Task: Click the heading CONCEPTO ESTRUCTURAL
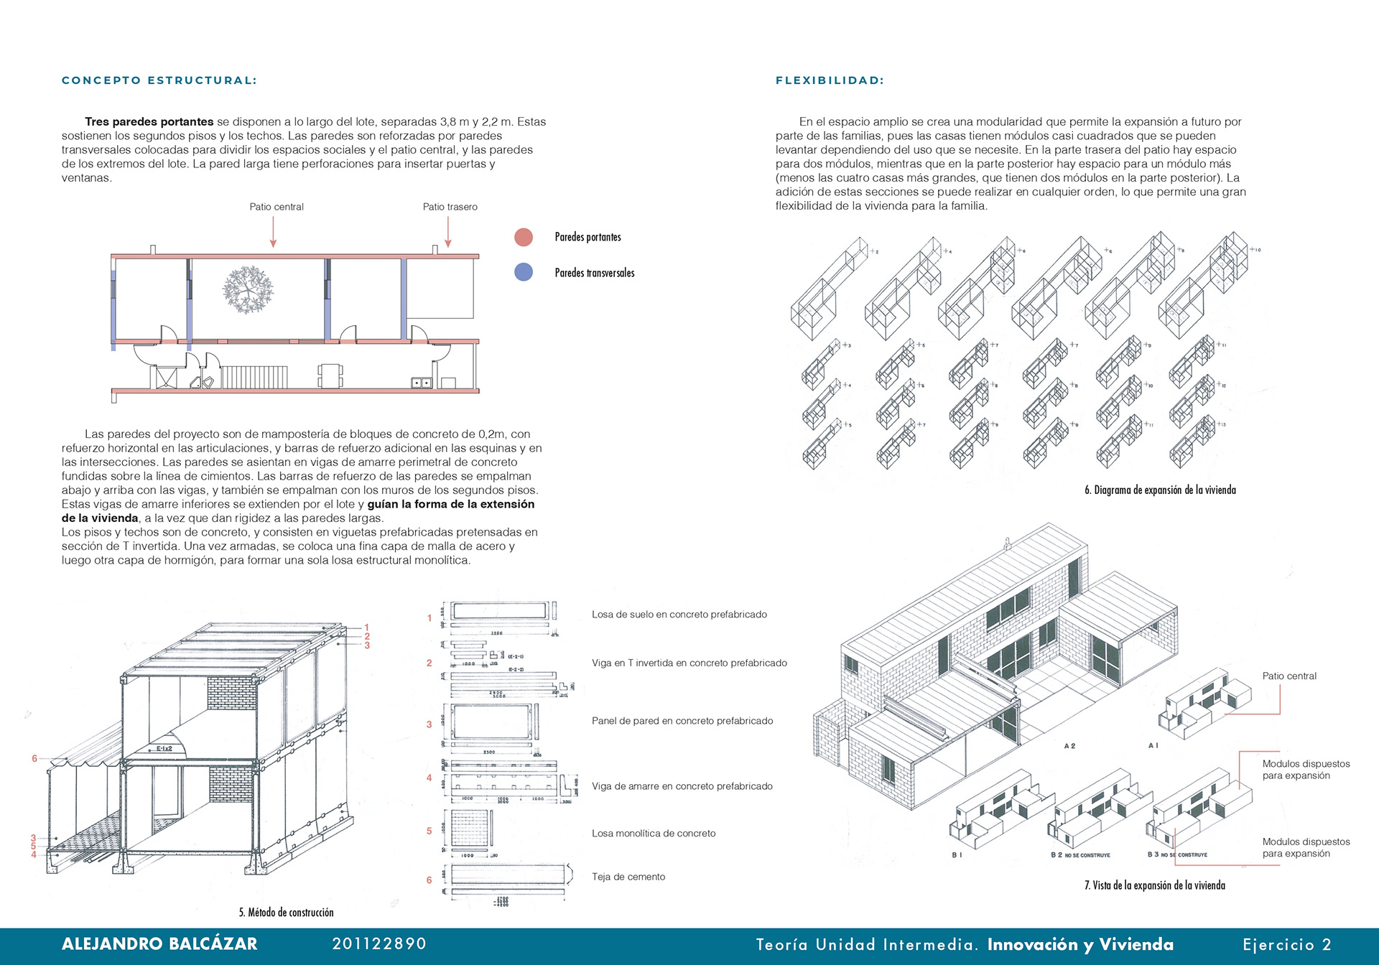point(159,80)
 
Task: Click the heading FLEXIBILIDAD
point(830,80)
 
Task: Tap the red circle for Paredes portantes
point(524,237)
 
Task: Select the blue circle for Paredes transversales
point(524,272)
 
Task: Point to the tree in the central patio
point(248,289)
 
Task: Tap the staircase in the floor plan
point(254,377)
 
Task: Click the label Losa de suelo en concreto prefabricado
point(679,615)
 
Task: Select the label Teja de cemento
point(628,877)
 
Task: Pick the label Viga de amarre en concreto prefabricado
point(682,786)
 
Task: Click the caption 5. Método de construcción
point(286,913)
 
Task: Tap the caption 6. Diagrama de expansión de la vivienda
point(1160,490)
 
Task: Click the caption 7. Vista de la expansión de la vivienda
point(1154,885)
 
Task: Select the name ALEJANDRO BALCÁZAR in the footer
point(159,944)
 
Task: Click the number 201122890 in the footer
point(379,944)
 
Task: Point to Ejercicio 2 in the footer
point(1287,945)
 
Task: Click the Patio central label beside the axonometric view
point(1289,676)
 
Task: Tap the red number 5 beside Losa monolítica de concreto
point(430,831)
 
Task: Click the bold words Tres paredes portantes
point(149,122)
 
